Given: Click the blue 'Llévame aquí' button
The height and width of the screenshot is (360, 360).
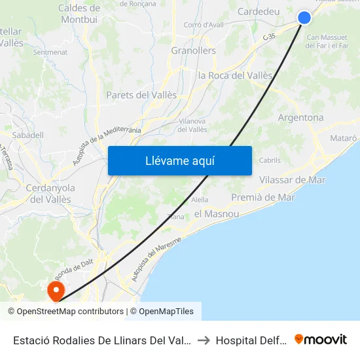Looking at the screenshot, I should pyautogui.click(x=179, y=160).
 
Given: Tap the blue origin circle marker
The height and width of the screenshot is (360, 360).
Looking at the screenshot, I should pyautogui.click(x=304, y=18).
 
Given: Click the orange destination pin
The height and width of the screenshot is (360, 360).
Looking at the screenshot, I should pyautogui.click(x=56, y=290).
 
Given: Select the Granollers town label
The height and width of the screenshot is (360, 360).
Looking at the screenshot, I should pyautogui.click(x=193, y=50).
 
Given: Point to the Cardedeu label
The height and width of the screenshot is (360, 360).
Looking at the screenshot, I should pyautogui.click(x=258, y=12).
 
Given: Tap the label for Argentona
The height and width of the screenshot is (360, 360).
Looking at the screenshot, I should pyautogui.click(x=300, y=118).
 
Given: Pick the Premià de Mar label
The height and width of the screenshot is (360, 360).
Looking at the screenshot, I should pyautogui.click(x=263, y=197).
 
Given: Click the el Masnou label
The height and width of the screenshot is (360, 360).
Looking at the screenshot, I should pyautogui.click(x=217, y=214).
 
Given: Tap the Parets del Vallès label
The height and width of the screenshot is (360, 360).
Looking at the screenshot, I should pyautogui.click(x=141, y=95).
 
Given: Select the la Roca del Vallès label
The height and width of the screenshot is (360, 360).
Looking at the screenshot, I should pyautogui.click(x=235, y=75).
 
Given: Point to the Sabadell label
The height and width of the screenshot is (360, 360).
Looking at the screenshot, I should pyautogui.click(x=27, y=135).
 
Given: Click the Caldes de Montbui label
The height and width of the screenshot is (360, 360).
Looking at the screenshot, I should pyautogui.click(x=79, y=14).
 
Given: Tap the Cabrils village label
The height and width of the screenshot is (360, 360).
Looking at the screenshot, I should pyautogui.click(x=270, y=160).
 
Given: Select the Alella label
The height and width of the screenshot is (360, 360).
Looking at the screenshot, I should pyautogui.click(x=200, y=200).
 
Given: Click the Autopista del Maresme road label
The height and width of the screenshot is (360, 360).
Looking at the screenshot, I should pyautogui.click(x=155, y=260).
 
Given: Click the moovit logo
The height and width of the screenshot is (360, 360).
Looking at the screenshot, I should pyautogui.click(x=321, y=340).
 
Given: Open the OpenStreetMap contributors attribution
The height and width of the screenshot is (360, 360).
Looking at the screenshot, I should pyautogui.click(x=66, y=312).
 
